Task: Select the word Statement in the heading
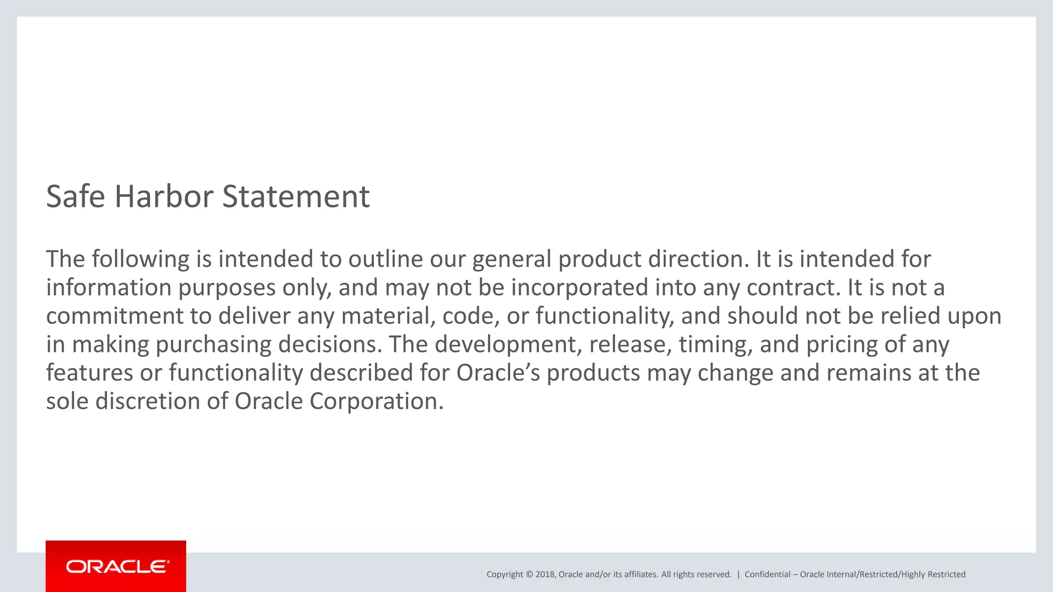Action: [296, 196]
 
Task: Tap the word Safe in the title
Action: [76, 196]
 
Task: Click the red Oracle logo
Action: [116, 566]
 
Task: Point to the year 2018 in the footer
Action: [544, 575]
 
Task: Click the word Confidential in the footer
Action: [767, 575]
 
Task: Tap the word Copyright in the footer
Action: [504, 575]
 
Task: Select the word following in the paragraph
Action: [140, 259]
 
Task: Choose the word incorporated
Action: [579, 287]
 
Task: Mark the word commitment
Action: [115, 316]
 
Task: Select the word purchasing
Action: [213, 344]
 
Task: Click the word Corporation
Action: [376, 401]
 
